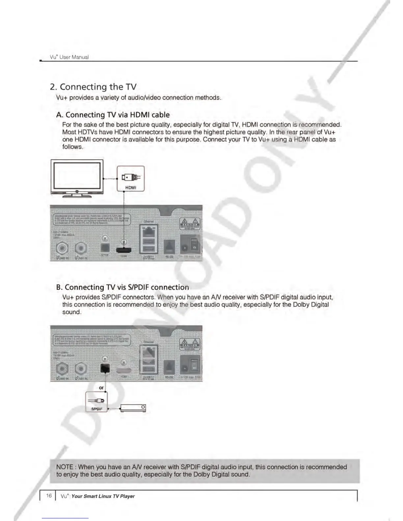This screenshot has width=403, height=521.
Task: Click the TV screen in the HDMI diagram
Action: [77, 175]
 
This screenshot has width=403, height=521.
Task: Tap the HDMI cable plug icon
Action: [131, 178]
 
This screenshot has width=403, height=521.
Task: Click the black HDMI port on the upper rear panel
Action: [124, 250]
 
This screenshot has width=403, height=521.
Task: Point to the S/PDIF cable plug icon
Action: [96, 401]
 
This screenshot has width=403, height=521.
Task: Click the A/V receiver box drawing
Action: [133, 408]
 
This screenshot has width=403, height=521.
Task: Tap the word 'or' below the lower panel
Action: [101, 388]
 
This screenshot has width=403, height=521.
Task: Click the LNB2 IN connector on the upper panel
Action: [62, 249]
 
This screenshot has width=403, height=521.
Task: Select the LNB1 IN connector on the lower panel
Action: [81, 368]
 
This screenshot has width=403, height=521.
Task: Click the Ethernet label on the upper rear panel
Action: [149, 221]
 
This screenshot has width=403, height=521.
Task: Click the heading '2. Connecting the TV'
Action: [93, 87]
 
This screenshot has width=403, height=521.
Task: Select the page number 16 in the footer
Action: [49, 496]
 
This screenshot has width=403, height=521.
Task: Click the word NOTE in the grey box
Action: [65, 467]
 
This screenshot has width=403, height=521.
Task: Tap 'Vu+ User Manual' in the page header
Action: [69, 57]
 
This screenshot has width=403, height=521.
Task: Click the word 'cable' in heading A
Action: [160, 115]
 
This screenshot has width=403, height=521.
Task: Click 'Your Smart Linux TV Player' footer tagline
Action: [103, 496]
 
